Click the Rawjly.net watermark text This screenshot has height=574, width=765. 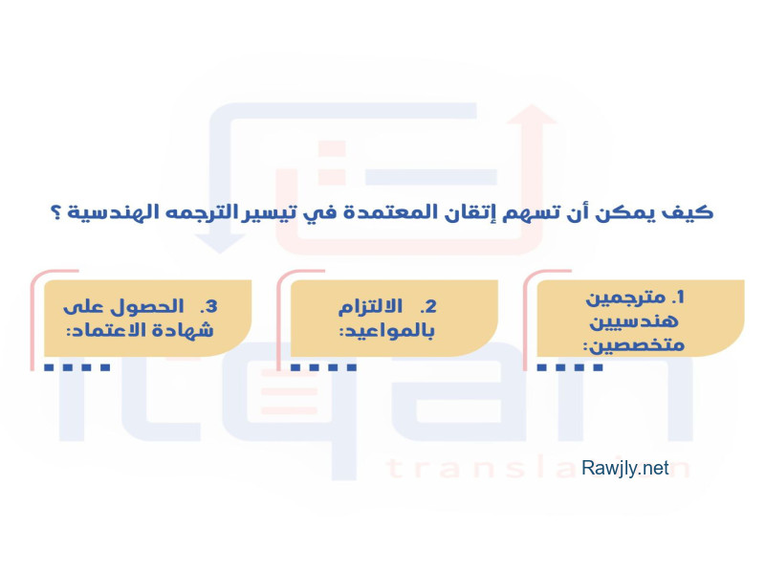[624, 468]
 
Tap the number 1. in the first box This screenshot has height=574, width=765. [678, 297]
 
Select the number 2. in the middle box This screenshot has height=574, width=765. [427, 306]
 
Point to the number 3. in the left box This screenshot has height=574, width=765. [208, 306]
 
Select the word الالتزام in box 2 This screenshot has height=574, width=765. [370, 307]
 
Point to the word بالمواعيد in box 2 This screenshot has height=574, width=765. [386, 331]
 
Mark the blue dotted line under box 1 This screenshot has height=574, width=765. [570, 367]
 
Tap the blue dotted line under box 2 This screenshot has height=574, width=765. [323, 367]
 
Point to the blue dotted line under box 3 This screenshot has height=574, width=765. [77, 367]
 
